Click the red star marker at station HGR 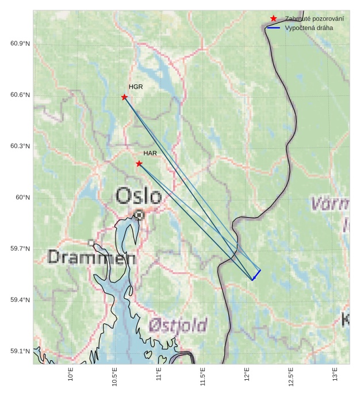(124, 97)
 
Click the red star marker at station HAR (139, 164)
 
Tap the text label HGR (136, 87)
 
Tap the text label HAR (150, 153)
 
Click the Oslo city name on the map (138, 196)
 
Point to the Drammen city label (91, 257)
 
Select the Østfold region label (178, 326)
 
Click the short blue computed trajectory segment (256, 275)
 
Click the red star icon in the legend (273, 18)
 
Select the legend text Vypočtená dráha (309, 28)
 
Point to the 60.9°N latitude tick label (20, 44)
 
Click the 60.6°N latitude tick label (20, 95)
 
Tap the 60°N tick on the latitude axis (23, 198)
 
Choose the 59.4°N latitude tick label (20, 300)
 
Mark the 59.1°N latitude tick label (20, 352)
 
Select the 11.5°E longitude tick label (202, 376)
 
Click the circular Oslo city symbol (139, 215)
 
